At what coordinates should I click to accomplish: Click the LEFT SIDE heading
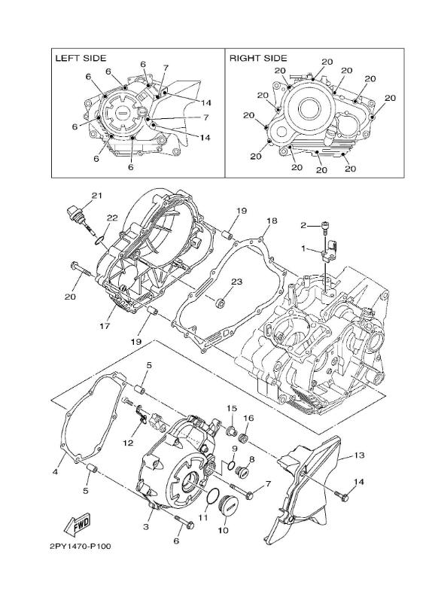pyautogui.click(x=80, y=58)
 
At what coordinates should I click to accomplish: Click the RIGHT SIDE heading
pyautogui.click(x=258, y=58)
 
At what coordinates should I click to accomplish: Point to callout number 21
pyautogui.click(x=96, y=196)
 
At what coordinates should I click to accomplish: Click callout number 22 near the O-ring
pyautogui.click(x=111, y=218)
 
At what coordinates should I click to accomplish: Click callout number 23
pyautogui.click(x=236, y=282)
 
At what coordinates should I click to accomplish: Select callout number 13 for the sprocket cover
pyautogui.click(x=359, y=456)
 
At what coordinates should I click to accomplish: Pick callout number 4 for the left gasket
pyautogui.click(x=55, y=472)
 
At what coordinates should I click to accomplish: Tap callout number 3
pyautogui.click(x=146, y=529)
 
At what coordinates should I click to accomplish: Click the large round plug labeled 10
pyautogui.click(x=226, y=510)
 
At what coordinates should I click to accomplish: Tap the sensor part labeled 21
pyautogui.click(x=74, y=212)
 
